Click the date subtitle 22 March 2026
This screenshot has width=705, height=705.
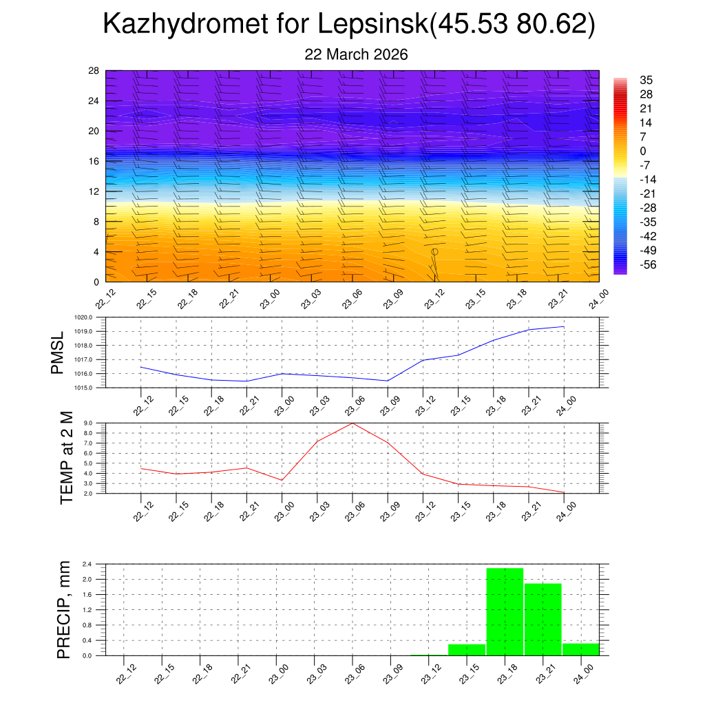pyautogui.click(x=356, y=55)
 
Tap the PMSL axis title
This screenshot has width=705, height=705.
pyautogui.click(x=58, y=352)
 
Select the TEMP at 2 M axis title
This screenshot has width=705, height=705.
pyautogui.click(x=66, y=457)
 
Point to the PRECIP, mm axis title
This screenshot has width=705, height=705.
pyautogui.click(x=64, y=609)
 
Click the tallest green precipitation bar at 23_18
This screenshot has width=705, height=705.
pyautogui.click(x=505, y=611)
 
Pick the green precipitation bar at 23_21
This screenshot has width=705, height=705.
pyautogui.click(x=543, y=620)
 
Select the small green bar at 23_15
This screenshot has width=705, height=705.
pyautogui.click(x=467, y=649)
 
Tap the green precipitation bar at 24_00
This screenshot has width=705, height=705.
pyautogui.click(x=580, y=649)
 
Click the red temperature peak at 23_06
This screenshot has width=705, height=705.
pyautogui.click(x=352, y=423)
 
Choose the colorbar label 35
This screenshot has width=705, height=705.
pyautogui.click(x=646, y=80)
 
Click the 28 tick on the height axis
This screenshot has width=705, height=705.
pyautogui.click(x=94, y=71)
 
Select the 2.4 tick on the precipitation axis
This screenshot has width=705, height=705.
pyautogui.click(x=87, y=565)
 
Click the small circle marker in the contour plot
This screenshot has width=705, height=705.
pyautogui.click(x=434, y=252)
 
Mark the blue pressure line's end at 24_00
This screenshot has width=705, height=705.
pyautogui.click(x=564, y=326)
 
